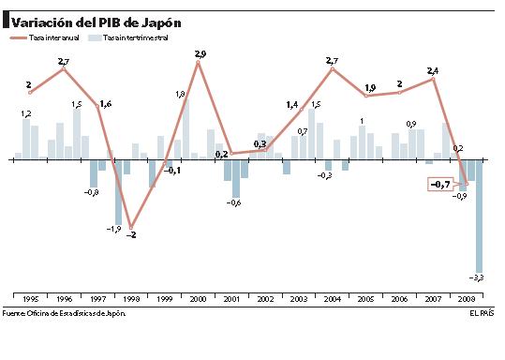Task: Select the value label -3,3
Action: tap(477, 278)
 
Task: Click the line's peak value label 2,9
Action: tap(200, 54)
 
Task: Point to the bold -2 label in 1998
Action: tap(131, 234)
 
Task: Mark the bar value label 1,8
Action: tap(181, 94)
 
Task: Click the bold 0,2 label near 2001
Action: tap(222, 153)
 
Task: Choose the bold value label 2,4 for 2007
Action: tap(433, 71)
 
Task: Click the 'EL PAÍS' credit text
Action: tap(482, 312)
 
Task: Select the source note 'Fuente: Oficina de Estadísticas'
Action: tap(63, 312)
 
